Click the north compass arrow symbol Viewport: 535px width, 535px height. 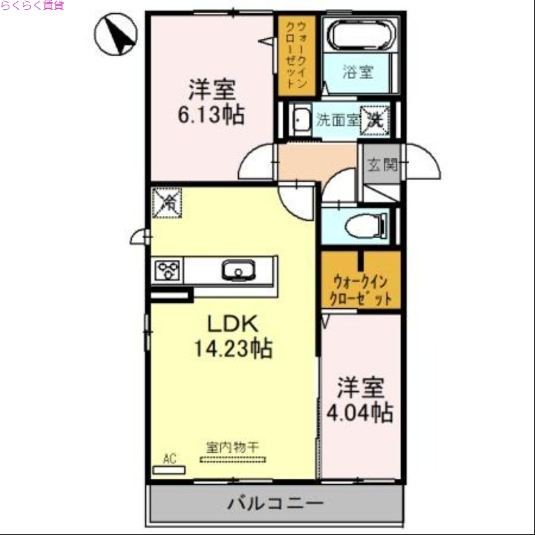117,35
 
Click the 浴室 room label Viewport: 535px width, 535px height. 358,73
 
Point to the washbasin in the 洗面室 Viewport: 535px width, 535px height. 302,121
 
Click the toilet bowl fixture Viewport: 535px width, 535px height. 364,226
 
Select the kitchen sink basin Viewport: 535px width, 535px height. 235,271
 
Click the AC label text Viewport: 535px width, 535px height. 169,459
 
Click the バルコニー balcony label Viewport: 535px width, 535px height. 275,503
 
